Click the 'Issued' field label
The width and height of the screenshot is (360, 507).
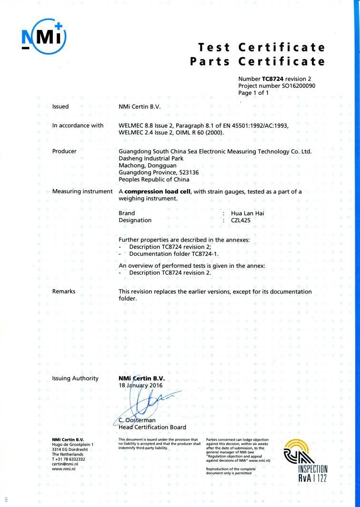pyautogui.click(x=60, y=106)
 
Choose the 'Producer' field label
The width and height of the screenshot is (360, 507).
pyautogui.click(x=64, y=151)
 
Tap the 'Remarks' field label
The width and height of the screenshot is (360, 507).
pyautogui.click(x=64, y=291)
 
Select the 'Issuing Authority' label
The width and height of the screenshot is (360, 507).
pyautogui.click(x=75, y=378)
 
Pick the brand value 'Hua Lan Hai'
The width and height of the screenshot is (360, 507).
pyautogui.click(x=247, y=213)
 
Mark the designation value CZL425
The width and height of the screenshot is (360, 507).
pyautogui.click(x=240, y=220)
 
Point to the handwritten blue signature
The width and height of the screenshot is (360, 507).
pyautogui.click(x=143, y=400)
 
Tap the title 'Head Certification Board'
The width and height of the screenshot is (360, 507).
pyautogui.click(x=152, y=427)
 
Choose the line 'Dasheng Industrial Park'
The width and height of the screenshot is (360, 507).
pyautogui.click(x=154, y=158)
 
